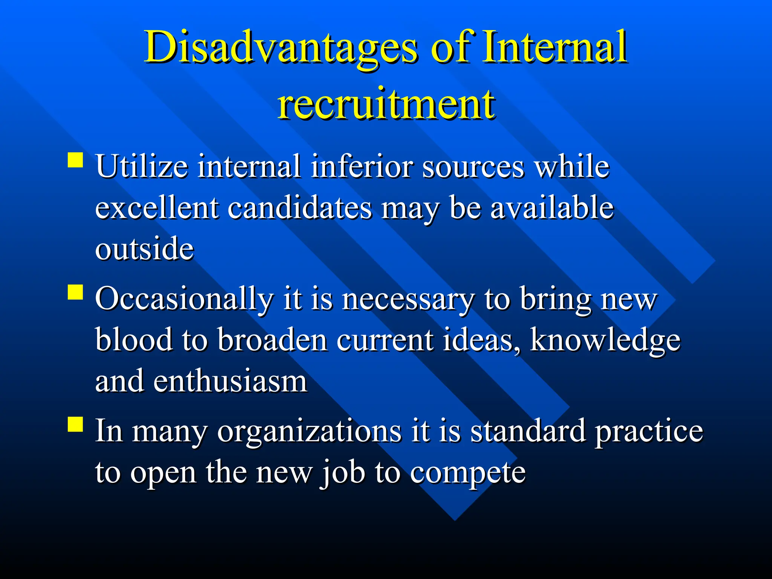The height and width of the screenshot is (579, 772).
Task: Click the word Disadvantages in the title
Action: pos(281,48)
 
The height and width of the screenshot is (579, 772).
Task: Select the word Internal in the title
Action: pos(555,47)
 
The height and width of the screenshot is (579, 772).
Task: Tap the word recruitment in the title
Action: pos(386,104)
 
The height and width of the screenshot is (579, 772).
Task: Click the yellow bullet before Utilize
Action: pos(75,160)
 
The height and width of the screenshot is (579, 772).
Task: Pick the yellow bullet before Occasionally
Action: pos(75,292)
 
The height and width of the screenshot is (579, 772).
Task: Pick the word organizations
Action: pos(309,432)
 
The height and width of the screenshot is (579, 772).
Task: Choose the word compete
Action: pos(468,473)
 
